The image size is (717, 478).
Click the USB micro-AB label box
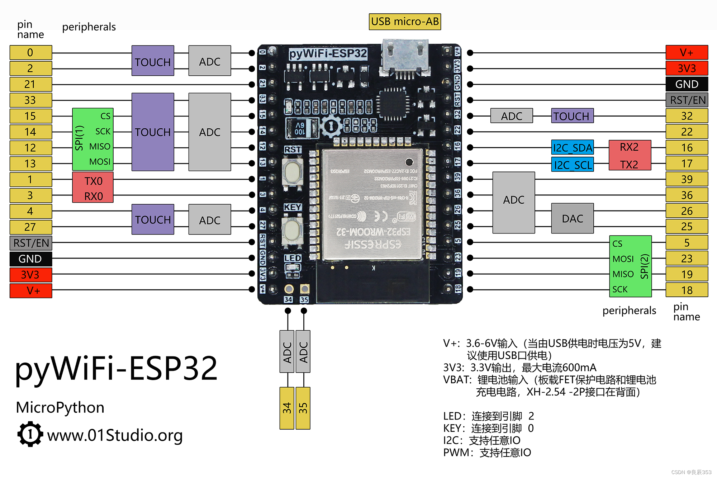point(405,22)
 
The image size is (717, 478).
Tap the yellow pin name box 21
point(30,84)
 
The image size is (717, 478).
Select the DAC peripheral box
point(572,218)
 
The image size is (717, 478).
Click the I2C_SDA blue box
point(572,147)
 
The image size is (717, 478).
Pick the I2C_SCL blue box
point(572,165)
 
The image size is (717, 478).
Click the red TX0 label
point(93,181)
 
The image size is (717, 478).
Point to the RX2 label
point(629,147)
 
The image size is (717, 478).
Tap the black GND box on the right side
point(687,84)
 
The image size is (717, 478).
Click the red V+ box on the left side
point(30,290)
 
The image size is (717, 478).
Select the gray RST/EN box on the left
point(30,243)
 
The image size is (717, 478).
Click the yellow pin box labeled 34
point(287,408)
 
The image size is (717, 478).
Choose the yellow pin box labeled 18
point(687,290)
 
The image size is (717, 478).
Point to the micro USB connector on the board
point(405,57)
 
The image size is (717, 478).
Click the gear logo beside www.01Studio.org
point(30,434)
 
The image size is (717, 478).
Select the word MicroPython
point(60,408)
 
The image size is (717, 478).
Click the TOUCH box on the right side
point(572,116)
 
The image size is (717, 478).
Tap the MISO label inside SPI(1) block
point(100,146)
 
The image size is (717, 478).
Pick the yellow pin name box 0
point(30,52)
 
